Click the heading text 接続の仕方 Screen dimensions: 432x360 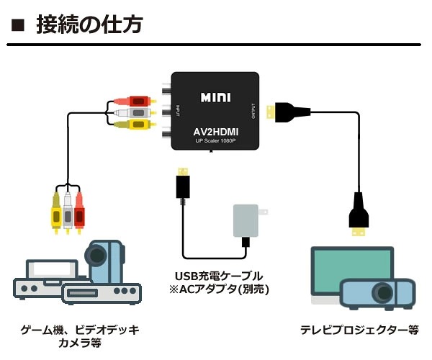coord(89,24)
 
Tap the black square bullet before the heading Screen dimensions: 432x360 coord(18,24)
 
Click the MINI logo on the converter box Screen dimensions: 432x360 coord(215,97)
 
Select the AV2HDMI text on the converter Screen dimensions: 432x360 coord(216,132)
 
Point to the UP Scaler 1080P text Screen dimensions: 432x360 coord(216,141)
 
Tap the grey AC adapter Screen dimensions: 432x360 coord(246,220)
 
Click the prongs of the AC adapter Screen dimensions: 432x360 coord(263,212)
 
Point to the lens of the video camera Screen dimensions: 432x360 coord(96,254)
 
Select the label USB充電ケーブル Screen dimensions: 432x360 coord(219,276)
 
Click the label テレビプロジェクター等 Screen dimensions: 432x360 coord(359,330)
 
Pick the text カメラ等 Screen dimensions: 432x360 coord(80,343)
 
